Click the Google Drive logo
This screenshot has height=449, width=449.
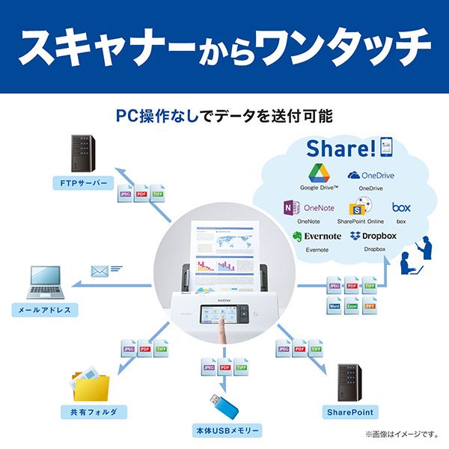318,173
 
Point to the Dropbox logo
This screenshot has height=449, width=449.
355,236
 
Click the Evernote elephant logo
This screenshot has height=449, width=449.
297,236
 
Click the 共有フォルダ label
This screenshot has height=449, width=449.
94,412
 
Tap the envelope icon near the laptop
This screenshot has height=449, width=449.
100,270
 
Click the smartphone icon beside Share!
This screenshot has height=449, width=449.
386,147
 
